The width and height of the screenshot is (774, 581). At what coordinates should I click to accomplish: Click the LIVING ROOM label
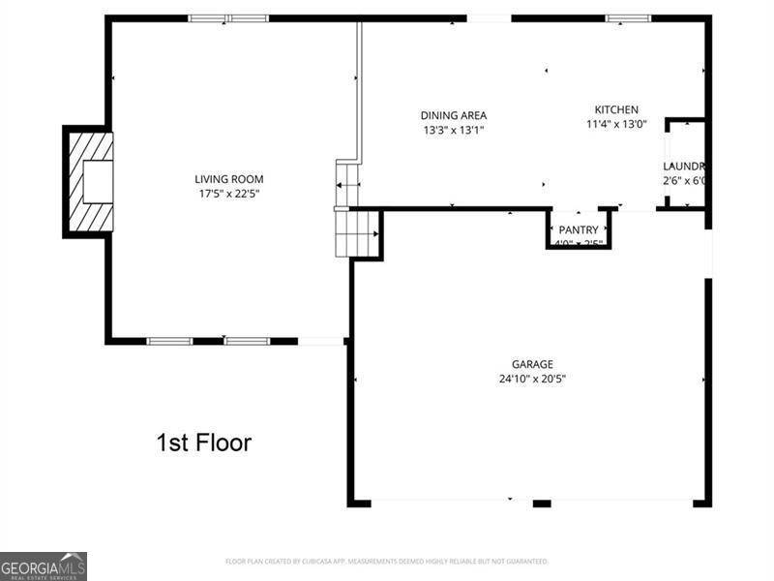click(228, 179)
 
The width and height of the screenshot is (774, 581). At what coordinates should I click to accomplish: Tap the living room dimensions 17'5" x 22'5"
click(228, 194)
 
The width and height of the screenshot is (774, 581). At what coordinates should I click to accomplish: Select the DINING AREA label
click(453, 115)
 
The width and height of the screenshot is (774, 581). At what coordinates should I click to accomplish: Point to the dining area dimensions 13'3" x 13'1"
click(453, 130)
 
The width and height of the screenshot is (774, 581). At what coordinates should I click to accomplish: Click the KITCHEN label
click(616, 109)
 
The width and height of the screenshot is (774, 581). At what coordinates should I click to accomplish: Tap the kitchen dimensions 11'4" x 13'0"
click(616, 124)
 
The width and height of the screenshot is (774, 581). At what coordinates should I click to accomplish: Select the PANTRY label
click(579, 229)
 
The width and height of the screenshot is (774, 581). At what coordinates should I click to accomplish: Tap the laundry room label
click(684, 167)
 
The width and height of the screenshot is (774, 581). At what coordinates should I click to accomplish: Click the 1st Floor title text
click(203, 443)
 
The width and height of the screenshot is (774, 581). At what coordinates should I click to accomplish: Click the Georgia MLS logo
click(44, 566)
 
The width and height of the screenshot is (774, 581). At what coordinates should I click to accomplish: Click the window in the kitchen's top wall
click(628, 17)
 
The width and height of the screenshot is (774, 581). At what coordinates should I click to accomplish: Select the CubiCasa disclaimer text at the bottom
click(387, 562)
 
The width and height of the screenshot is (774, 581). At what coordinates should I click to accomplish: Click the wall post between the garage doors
click(542, 504)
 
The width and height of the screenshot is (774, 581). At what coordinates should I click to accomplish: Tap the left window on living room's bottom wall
click(170, 341)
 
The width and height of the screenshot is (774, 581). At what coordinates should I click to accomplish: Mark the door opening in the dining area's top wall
click(489, 17)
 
